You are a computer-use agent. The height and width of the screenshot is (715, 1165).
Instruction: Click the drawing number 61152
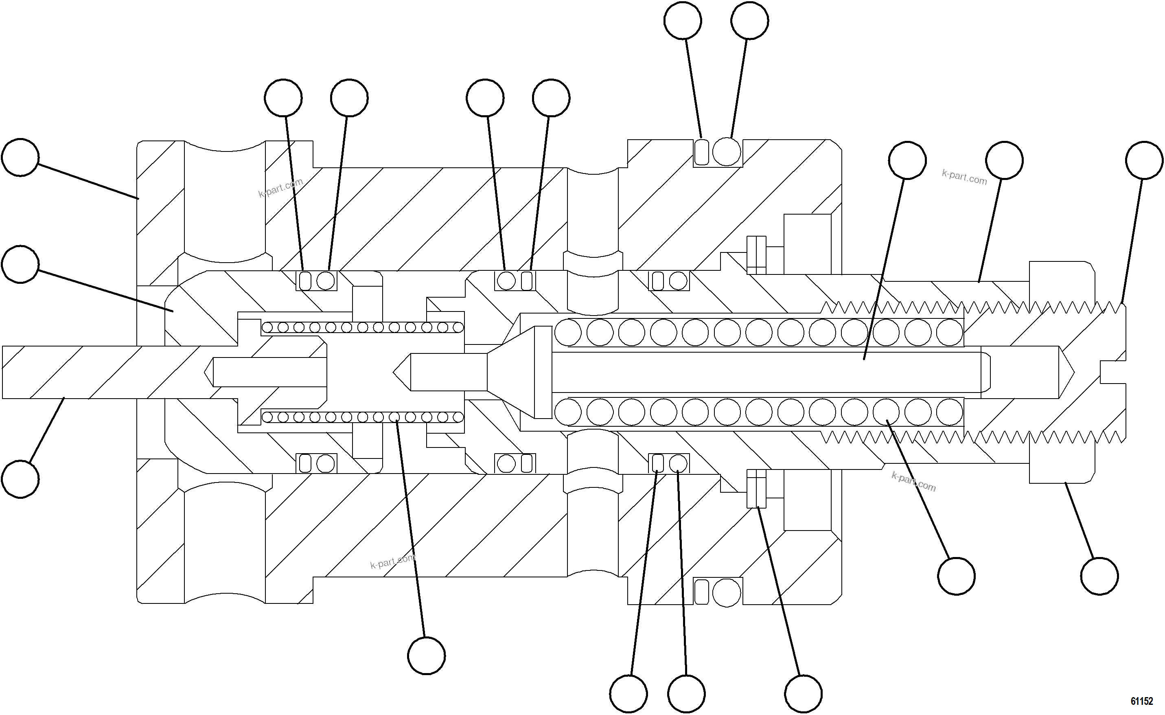tap(1141, 700)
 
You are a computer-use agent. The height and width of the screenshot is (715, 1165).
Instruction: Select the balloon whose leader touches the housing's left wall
tap(20, 158)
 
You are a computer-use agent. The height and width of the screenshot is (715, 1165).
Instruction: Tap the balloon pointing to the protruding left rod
tap(20, 479)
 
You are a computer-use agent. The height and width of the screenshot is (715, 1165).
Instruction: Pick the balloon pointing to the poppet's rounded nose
tap(20, 264)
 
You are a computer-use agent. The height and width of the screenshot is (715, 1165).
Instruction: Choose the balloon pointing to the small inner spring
tap(426, 656)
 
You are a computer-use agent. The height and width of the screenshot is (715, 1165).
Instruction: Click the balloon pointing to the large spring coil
tap(956, 576)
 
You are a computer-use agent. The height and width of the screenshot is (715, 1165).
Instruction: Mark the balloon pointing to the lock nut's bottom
tap(1099, 576)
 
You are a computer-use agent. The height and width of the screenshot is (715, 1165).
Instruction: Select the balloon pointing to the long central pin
tap(907, 160)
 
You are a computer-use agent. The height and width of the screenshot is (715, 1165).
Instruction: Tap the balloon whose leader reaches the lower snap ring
tap(803, 694)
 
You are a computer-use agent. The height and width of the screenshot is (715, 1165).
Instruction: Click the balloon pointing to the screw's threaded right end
tap(1144, 160)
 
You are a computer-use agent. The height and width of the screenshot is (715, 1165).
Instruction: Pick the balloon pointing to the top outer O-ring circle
tap(749, 21)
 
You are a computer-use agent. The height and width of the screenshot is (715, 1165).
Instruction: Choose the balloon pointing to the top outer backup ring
tap(683, 21)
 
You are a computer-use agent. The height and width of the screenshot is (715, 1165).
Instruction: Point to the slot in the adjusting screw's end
tap(1113, 372)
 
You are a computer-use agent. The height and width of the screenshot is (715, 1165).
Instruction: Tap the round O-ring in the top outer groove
tap(727, 152)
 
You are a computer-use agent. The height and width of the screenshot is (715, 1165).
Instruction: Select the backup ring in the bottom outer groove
tap(702, 591)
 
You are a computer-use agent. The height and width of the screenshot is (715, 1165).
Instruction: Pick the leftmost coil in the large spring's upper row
tap(568, 332)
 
